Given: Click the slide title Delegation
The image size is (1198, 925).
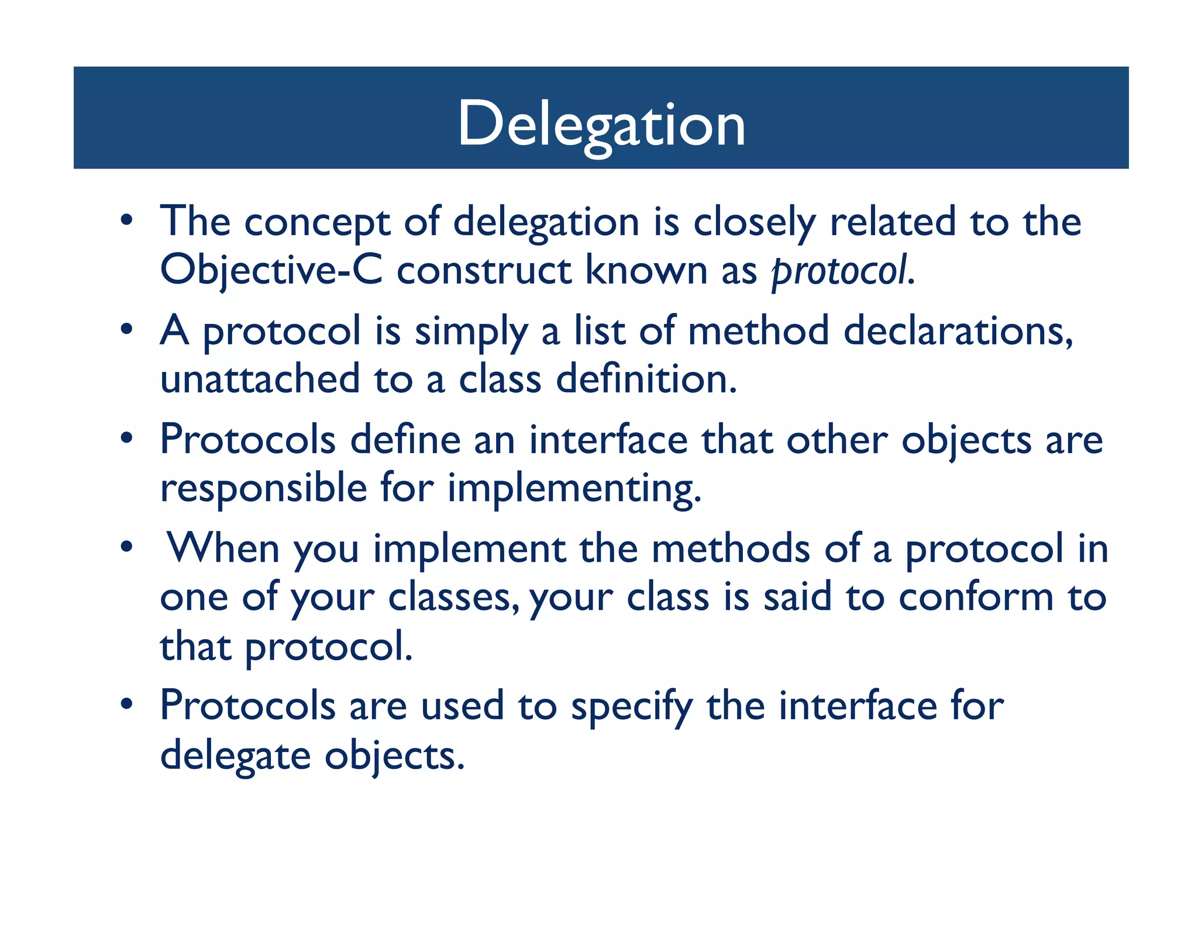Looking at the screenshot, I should point(601,124).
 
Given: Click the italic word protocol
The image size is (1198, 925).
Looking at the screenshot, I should point(841,272).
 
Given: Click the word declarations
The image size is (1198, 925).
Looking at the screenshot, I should point(958,332).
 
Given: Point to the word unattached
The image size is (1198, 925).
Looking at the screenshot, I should point(260,379).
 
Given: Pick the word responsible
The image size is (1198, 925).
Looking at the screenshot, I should point(263,488).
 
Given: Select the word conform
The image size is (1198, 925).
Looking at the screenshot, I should point(976,598).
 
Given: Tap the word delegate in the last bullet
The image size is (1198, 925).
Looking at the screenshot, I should point(235,757).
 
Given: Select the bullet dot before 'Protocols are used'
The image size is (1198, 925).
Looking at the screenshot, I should point(126,705).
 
